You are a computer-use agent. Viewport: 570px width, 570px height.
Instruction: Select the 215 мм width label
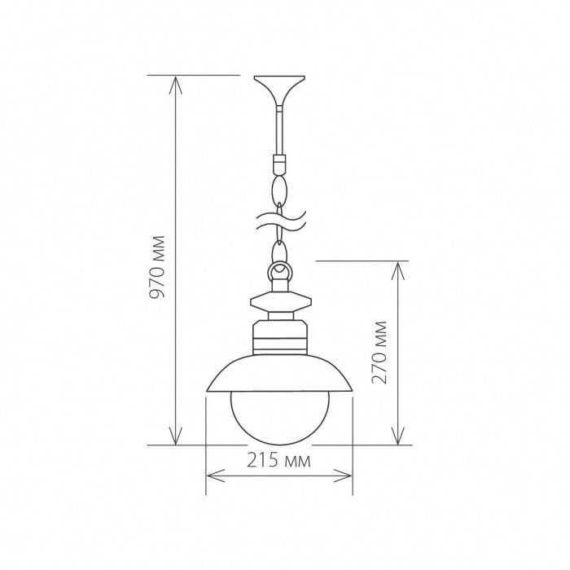(279, 462)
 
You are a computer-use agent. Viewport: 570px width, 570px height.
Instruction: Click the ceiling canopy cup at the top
(279, 86)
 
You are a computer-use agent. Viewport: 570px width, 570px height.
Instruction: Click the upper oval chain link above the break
(279, 191)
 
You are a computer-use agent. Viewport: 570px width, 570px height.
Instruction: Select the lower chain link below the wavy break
(279, 243)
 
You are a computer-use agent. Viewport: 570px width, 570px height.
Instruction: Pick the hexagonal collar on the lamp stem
(279, 302)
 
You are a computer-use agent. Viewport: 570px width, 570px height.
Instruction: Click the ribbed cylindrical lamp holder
(279, 334)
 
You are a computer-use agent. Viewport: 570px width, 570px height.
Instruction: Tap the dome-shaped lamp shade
(279, 375)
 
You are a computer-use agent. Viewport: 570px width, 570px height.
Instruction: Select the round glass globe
(279, 415)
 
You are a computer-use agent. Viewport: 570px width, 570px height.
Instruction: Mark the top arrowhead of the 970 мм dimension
(175, 81)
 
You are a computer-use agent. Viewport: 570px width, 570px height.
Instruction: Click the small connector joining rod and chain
(279, 161)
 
